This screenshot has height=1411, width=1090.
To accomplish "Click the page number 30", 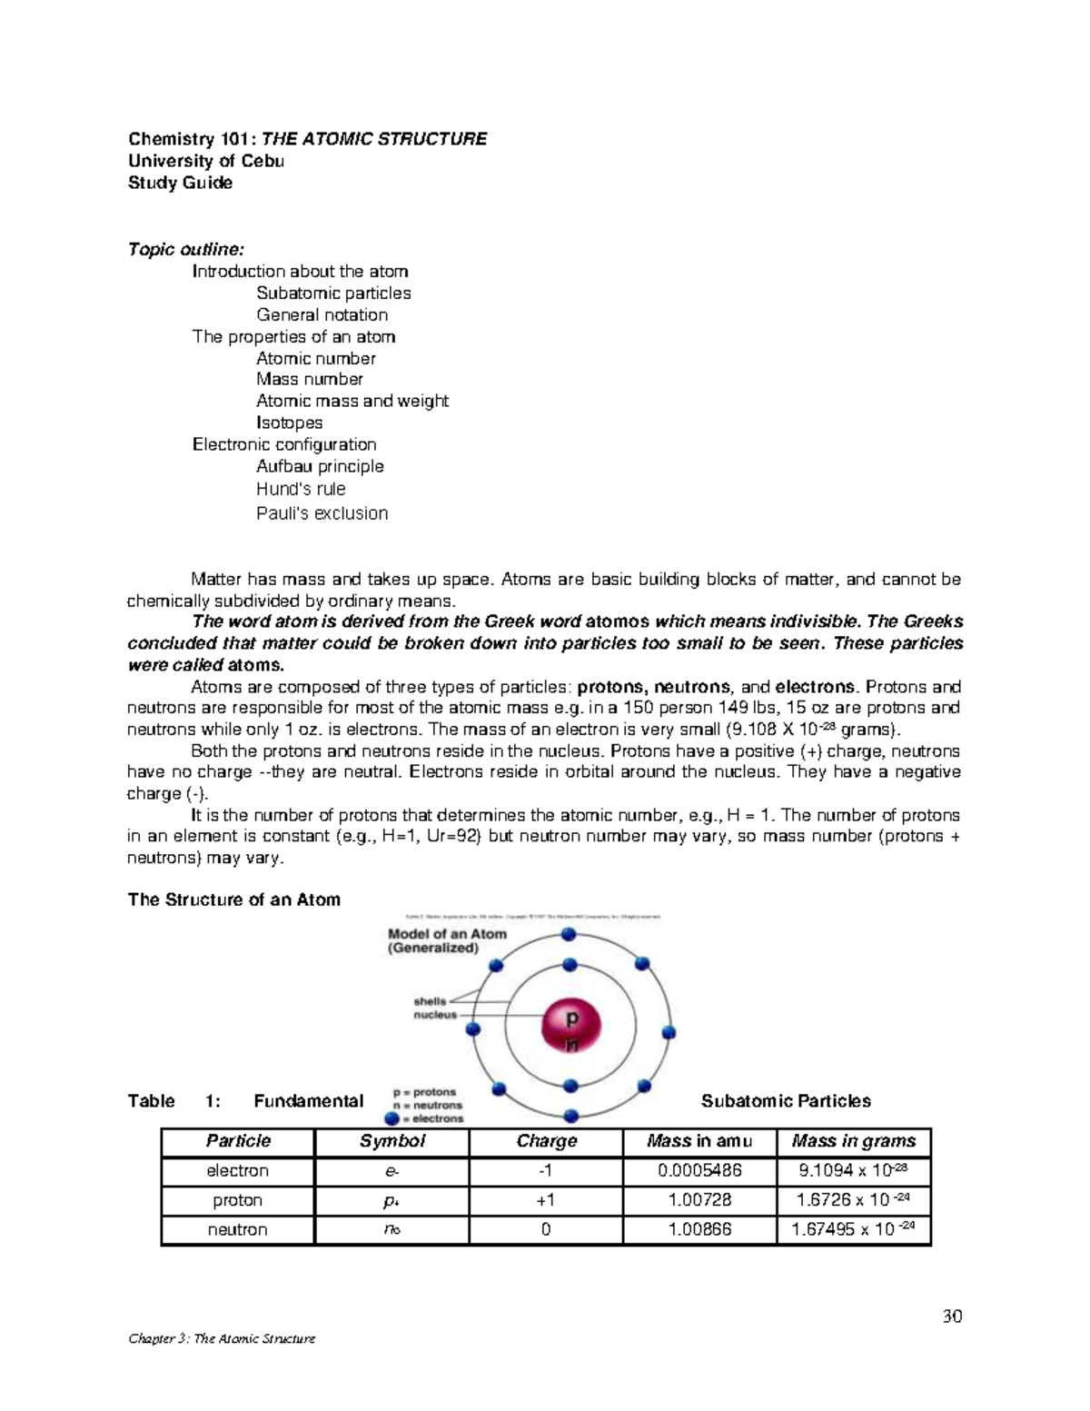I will pyautogui.click(x=952, y=1317).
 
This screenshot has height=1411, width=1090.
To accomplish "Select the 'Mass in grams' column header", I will pyautogui.click(x=854, y=1141).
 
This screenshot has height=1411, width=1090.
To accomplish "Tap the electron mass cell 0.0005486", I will pyautogui.click(x=699, y=1171).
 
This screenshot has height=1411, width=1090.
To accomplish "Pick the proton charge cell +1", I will pyautogui.click(x=546, y=1200).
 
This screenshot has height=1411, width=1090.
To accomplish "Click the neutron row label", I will pyautogui.click(x=237, y=1230).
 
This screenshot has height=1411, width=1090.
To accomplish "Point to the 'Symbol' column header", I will pyautogui.click(x=391, y=1141).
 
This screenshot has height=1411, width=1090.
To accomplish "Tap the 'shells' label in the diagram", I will pyautogui.click(x=430, y=1000).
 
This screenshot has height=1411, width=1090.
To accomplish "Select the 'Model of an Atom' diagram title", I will pyautogui.click(x=447, y=934).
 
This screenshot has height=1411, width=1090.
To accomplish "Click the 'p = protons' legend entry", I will pyautogui.click(x=424, y=1092).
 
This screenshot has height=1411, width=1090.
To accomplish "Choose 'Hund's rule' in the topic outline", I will pyautogui.click(x=301, y=489).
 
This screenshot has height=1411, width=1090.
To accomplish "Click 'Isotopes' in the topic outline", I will pyautogui.click(x=289, y=422).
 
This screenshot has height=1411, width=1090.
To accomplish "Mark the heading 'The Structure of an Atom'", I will pyautogui.click(x=234, y=899).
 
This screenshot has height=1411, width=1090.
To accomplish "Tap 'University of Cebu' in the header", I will pyautogui.click(x=206, y=161).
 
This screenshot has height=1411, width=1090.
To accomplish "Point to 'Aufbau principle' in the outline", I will pyautogui.click(x=320, y=466).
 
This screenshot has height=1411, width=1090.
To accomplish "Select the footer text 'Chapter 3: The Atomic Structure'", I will pyautogui.click(x=222, y=1338).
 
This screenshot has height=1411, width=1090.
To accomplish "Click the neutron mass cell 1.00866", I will pyautogui.click(x=699, y=1230).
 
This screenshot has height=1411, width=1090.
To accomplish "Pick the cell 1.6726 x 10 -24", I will pyautogui.click(x=854, y=1200).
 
